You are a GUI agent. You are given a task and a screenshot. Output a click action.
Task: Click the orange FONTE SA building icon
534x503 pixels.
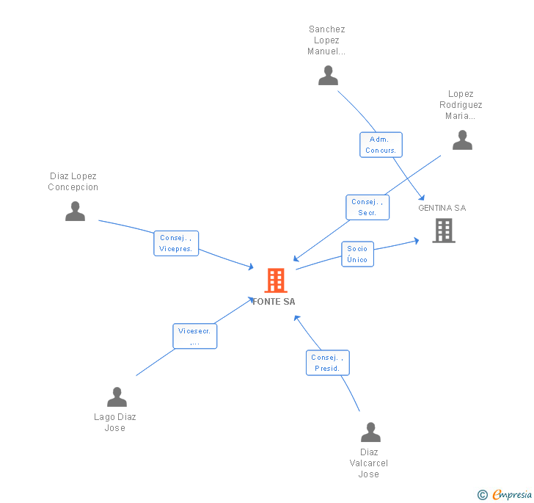(x=275, y=281)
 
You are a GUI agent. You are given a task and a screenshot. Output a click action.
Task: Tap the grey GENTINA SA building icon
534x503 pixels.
(x=443, y=231)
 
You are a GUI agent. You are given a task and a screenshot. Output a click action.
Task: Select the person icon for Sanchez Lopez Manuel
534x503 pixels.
(x=328, y=76)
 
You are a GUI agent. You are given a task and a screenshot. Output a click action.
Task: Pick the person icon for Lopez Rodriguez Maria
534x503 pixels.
(x=462, y=140)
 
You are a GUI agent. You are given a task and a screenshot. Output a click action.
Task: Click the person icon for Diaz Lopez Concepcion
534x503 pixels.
(x=75, y=211)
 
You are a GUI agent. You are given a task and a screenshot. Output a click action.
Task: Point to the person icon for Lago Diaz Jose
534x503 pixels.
(x=117, y=397)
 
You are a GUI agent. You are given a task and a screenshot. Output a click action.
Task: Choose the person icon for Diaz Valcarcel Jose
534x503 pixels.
(x=370, y=433)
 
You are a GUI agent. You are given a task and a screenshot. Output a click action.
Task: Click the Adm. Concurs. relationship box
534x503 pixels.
(x=381, y=145)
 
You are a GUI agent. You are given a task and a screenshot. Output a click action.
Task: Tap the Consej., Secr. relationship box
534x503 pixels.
(x=367, y=207)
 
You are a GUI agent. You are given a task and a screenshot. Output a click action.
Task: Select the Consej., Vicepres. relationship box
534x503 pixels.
(x=176, y=243)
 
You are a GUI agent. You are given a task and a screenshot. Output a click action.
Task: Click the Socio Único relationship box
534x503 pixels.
(x=357, y=254)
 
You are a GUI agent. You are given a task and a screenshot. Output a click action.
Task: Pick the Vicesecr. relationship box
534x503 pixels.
(x=194, y=336)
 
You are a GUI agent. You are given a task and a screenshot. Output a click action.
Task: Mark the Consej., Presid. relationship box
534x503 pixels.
(x=327, y=363)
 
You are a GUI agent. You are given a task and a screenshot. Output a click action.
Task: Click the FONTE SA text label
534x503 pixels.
(x=274, y=302)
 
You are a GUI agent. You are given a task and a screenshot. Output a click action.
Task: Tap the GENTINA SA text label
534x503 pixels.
(x=442, y=208)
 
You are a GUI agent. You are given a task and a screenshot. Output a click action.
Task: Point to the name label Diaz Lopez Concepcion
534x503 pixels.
(x=73, y=181)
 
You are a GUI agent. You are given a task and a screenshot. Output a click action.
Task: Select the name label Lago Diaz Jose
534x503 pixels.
(x=115, y=422)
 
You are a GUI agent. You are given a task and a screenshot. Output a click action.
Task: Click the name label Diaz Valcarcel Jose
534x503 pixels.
(x=369, y=463)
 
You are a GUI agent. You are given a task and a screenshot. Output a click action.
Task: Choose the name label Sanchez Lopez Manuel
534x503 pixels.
(x=326, y=40)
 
